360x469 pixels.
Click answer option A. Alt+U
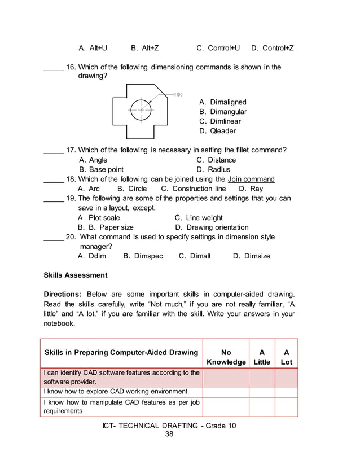(93, 48)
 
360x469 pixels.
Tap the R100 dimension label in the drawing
(178, 94)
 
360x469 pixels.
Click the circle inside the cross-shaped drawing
(141, 110)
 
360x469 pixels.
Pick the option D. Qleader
(218, 131)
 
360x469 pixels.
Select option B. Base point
(102, 169)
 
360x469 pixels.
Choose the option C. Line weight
(199, 218)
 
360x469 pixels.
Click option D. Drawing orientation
(212, 227)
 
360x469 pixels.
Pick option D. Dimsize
(251, 256)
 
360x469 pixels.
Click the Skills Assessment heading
(76, 275)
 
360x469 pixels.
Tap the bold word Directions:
(63, 295)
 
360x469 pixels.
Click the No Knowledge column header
(226, 357)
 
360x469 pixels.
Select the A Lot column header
(286, 357)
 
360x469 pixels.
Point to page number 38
(169, 434)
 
